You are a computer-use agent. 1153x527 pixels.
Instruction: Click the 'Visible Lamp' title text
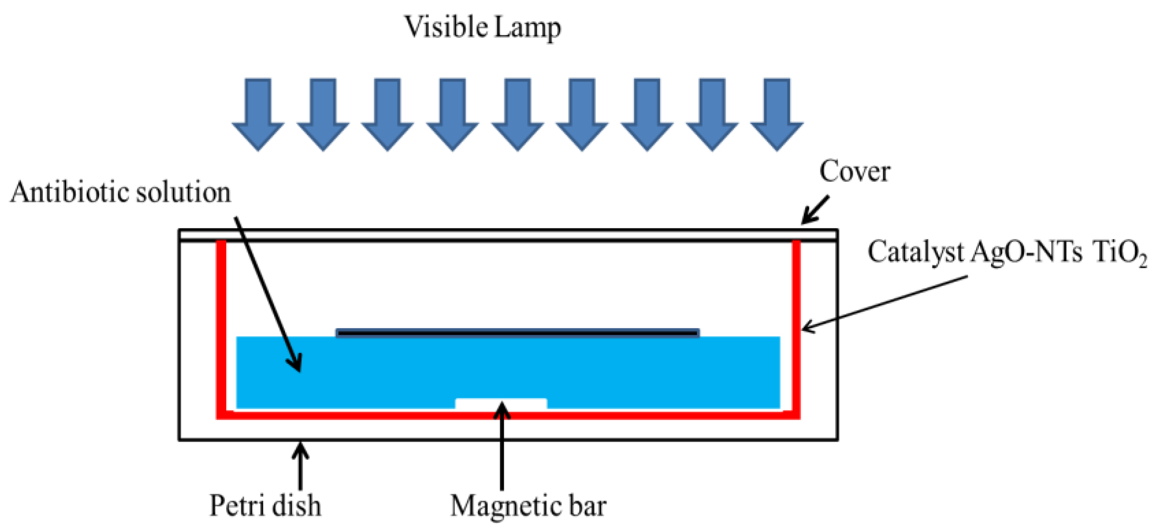coord(482,27)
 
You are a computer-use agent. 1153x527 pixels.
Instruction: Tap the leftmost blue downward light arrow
coord(258,114)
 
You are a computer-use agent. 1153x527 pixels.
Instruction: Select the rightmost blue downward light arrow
coord(776,114)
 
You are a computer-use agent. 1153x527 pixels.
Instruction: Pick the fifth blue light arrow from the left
coord(517,114)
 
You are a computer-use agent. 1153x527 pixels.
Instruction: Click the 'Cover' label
coord(854,172)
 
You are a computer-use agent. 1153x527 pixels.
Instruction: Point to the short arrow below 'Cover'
coord(815,209)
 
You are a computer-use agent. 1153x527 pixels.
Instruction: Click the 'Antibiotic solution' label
coord(120,192)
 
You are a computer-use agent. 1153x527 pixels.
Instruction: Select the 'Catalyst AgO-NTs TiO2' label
coord(1007,252)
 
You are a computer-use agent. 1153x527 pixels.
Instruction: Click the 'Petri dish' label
coord(265,506)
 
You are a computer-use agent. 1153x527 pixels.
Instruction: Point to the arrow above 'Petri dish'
coord(300,465)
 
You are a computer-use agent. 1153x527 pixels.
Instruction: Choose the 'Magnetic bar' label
coord(528,506)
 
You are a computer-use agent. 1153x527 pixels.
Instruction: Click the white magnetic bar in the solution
coord(501,403)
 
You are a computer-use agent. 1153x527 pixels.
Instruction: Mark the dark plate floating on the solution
coord(517,333)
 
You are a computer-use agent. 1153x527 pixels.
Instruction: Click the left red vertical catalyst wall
coord(221,328)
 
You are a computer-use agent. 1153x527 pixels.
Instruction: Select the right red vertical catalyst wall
coord(796,328)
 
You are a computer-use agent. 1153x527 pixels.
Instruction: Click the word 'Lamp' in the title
coord(527,27)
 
